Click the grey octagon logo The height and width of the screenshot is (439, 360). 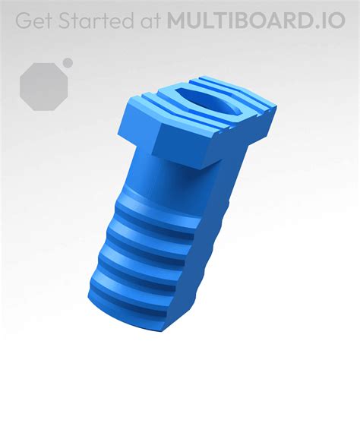point(43,84)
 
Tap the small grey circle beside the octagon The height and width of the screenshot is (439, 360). point(68,62)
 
